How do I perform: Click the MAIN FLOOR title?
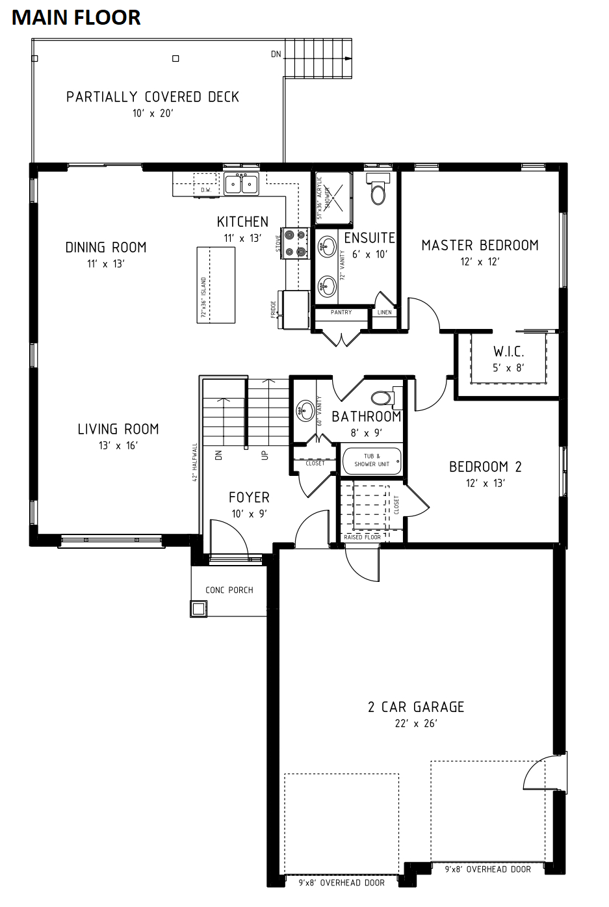click(x=76, y=17)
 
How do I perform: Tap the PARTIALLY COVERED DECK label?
click(x=153, y=97)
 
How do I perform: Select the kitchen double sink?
click(x=241, y=184)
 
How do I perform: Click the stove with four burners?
click(x=295, y=243)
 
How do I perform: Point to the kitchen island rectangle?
click(x=216, y=285)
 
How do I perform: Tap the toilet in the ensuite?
click(x=378, y=189)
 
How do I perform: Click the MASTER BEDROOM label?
click(x=480, y=245)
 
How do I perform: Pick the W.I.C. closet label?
click(x=508, y=352)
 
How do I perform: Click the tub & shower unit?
click(x=372, y=460)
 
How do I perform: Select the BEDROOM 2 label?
click(x=485, y=467)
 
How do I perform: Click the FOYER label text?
click(x=249, y=497)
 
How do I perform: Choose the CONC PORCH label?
click(x=229, y=590)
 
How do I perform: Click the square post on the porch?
click(x=198, y=609)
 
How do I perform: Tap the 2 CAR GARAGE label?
click(x=416, y=707)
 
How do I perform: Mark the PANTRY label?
click(x=341, y=313)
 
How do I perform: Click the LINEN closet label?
click(x=384, y=313)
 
